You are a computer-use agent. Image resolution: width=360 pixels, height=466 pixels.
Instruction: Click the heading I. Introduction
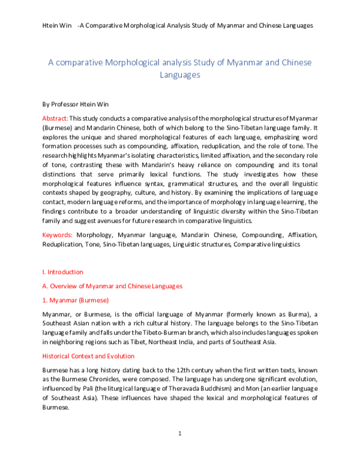(x=62, y=272)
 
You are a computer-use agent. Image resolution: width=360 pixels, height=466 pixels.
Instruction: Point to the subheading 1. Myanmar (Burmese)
(x=75, y=300)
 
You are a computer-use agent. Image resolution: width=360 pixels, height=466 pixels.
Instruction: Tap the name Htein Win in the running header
(x=58, y=26)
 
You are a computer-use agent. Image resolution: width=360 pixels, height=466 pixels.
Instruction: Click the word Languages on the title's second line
(x=179, y=75)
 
